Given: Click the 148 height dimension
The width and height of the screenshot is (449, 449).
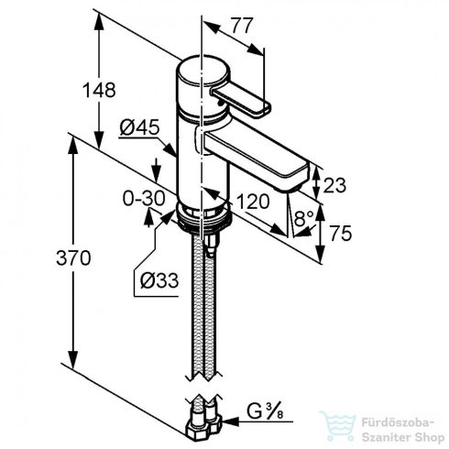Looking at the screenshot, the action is coord(99,90).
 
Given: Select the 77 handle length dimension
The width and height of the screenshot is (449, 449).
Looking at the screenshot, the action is coord(242,26).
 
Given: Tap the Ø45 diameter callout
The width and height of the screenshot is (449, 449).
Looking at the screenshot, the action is coord(139,127).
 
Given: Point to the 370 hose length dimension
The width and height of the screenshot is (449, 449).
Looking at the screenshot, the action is coord(73,257).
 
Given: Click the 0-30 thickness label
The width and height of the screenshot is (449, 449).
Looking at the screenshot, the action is coord(144,198).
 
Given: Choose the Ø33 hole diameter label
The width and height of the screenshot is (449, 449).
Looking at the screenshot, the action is coord(159,280).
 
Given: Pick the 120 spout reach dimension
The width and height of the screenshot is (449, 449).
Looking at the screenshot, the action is coord(253,202).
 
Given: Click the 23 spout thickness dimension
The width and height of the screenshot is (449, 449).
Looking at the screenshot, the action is coord(334,185).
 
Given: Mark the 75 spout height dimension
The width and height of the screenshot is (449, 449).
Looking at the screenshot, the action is coord(341,234).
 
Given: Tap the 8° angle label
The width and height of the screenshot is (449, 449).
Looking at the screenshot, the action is coord(304,218).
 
